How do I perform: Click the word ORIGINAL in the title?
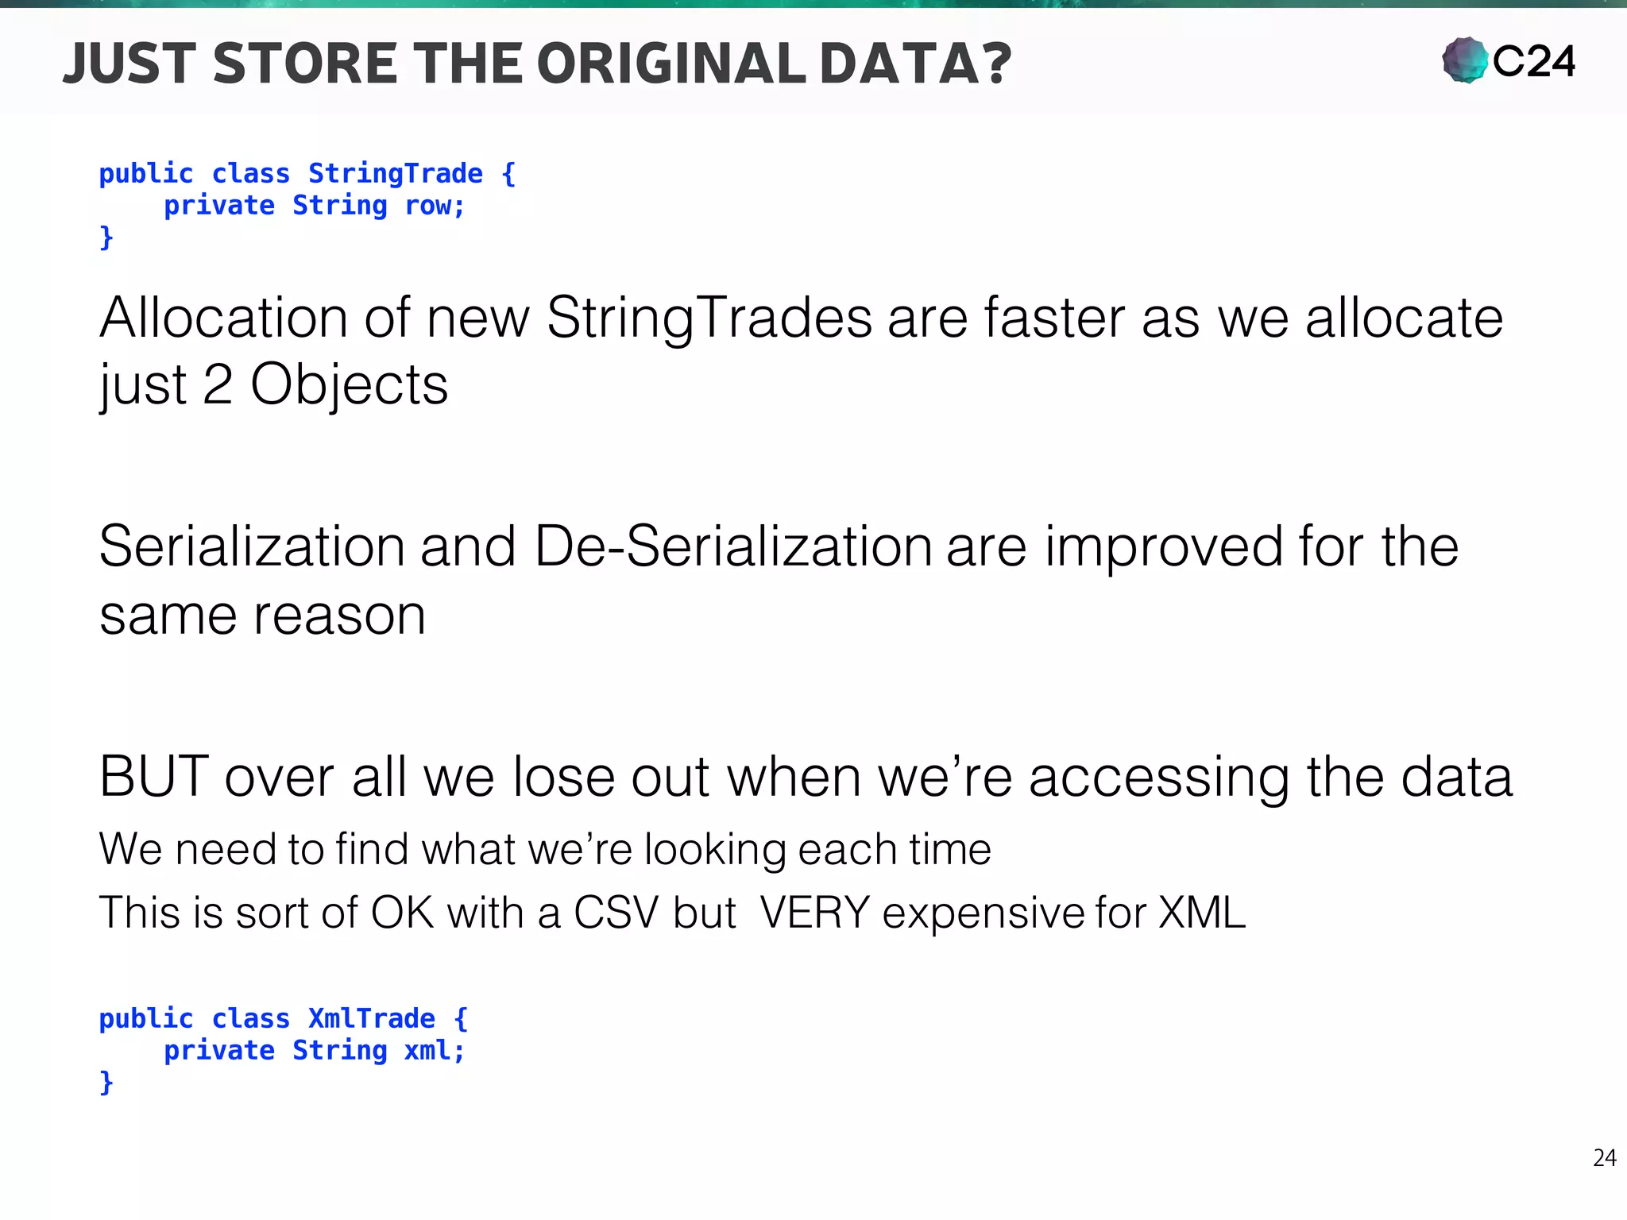tap(671, 64)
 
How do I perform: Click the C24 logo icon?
tap(1465, 60)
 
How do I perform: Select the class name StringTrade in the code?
tap(395, 173)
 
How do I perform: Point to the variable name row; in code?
tap(435, 206)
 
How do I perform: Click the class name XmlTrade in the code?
tap(371, 1018)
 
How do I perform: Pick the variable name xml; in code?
tap(434, 1051)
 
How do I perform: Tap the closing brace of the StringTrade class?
tap(106, 237)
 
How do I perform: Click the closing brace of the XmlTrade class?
tap(106, 1083)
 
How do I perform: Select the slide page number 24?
tap(1604, 1158)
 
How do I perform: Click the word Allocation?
tap(223, 319)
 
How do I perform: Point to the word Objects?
tap(349, 385)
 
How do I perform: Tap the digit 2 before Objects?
tap(218, 385)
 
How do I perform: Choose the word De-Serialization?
tap(732, 547)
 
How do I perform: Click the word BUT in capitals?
tap(153, 776)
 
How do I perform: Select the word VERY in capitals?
tap(814, 913)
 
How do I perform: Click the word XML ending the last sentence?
tap(1201, 913)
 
